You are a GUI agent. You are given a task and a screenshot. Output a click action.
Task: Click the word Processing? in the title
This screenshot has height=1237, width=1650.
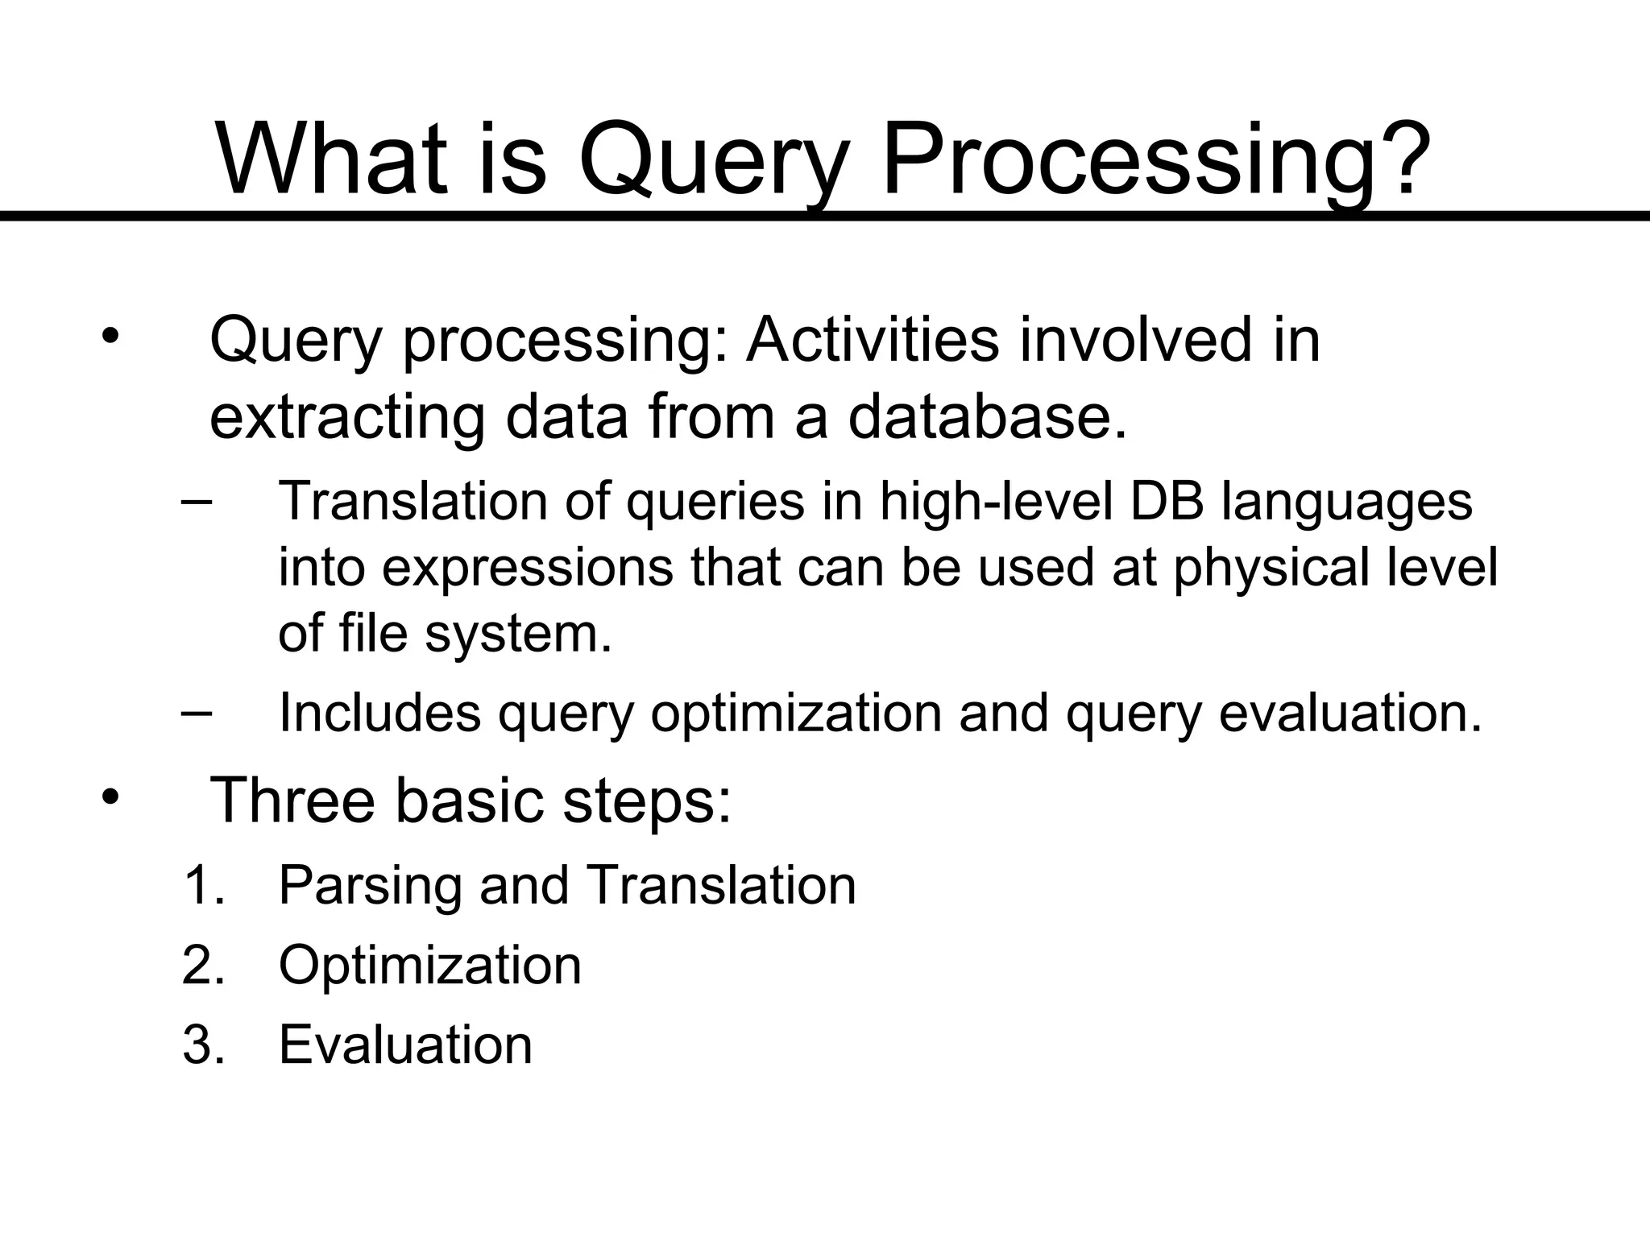pyautogui.click(x=1157, y=161)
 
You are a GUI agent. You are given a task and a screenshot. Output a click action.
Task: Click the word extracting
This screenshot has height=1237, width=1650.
pyautogui.click(x=346, y=419)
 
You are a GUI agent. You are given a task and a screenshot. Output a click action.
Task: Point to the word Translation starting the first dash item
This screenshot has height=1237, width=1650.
pyautogui.click(x=412, y=501)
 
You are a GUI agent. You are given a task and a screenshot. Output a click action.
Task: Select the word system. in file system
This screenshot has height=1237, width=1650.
pyautogui.click(x=518, y=633)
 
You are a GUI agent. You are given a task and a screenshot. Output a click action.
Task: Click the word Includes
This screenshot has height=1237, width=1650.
pyautogui.click(x=379, y=713)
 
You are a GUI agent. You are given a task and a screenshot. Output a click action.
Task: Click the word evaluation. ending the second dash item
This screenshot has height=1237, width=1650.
pyautogui.click(x=1350, y=713)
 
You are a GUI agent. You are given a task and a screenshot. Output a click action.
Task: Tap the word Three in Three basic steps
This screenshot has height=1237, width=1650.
pyautogui.click(x=292, y=801)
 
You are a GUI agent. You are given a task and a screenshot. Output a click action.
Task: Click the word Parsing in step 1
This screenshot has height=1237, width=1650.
pyautogui.click(x=369, y=887)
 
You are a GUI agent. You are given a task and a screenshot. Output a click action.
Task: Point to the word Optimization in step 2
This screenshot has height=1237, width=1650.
pyautogui.click(x=429, y=966)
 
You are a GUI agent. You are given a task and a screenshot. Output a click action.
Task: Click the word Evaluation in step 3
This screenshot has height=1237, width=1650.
pyautogui.click(x=405, y=1045)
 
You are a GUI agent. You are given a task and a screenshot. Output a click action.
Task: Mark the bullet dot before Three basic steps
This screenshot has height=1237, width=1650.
pyautogui.click(x=110, y=797)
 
